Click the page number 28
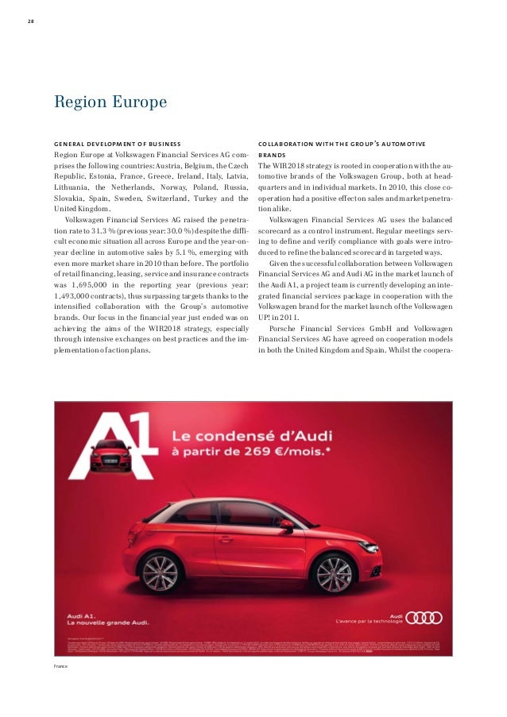tap(29, 21)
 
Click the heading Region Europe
tap(110, 103)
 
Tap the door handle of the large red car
tap(226, 539)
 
